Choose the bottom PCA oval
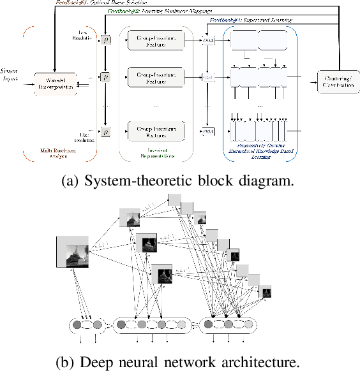click(207, 131)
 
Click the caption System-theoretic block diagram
click(180, 180)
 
